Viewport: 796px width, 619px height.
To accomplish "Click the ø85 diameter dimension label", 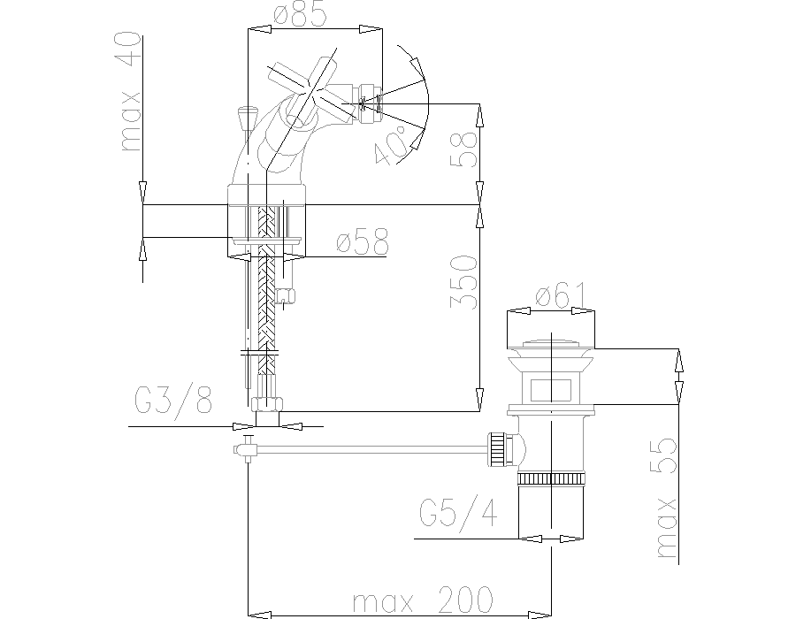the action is click(300, 15).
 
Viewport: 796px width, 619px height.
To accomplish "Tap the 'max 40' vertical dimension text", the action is click(130, 91).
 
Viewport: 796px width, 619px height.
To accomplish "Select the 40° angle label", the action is click(390, 146).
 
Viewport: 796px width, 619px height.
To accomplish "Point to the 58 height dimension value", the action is click(463, 149).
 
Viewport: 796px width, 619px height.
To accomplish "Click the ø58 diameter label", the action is click(363, 241).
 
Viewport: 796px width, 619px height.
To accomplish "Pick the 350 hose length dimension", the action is click(463, 282).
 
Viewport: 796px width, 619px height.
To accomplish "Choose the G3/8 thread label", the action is click(173, 401).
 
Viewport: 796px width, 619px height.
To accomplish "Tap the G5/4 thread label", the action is click(458, 514).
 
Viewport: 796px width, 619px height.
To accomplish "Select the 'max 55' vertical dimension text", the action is click(667, 498).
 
